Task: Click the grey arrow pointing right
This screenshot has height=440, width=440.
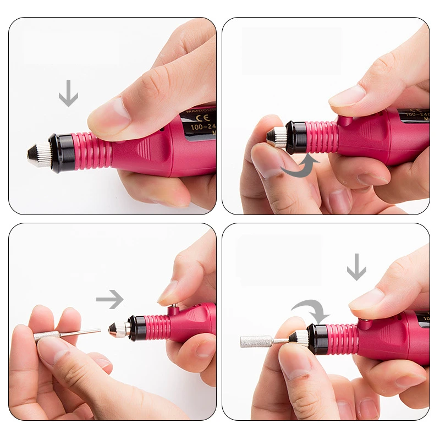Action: (x=109, y=300)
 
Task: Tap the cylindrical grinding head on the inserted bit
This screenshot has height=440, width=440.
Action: (x=256, y=341)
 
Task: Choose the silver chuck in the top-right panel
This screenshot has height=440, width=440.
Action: (x=277, y=137)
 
